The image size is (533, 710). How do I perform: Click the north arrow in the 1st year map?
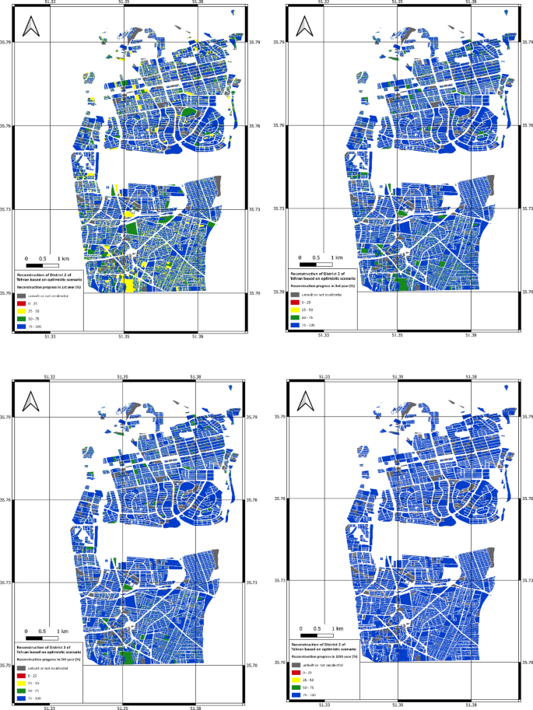[31, 29]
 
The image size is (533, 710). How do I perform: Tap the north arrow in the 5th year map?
[31, 400]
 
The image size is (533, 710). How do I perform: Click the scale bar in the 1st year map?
[47, 265]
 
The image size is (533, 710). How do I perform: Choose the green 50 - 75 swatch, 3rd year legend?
[295, 318]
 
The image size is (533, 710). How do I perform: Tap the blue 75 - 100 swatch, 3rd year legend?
[295, 325]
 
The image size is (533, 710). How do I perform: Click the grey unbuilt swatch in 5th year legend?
[21, 668]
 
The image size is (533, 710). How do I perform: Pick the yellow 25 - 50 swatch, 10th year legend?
[295, 680]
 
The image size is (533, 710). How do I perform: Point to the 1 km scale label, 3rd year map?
[337, 257]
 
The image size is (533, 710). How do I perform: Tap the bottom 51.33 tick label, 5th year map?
[48, 706]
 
